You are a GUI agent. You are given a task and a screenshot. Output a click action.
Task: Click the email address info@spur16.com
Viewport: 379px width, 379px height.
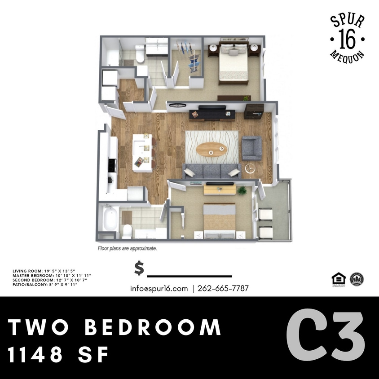(x=159, y=289)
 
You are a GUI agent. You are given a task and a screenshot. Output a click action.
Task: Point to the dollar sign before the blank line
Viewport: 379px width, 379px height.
(x=139, y=268)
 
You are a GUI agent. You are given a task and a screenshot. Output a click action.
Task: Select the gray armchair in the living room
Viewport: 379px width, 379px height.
(x=252, y=148)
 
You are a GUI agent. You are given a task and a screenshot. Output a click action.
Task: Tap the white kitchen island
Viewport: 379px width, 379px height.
(x=142, y=153)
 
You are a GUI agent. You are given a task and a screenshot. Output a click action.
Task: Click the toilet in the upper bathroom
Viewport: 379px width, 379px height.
(x=140, y=54)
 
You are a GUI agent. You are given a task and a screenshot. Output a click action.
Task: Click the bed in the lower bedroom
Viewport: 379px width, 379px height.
(x=220, y=220)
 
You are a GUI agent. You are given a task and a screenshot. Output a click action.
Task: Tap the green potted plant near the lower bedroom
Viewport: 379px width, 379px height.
(x=242, y=189)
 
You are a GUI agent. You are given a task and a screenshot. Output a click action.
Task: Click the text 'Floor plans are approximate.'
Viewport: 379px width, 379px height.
(x=127, y=248)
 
